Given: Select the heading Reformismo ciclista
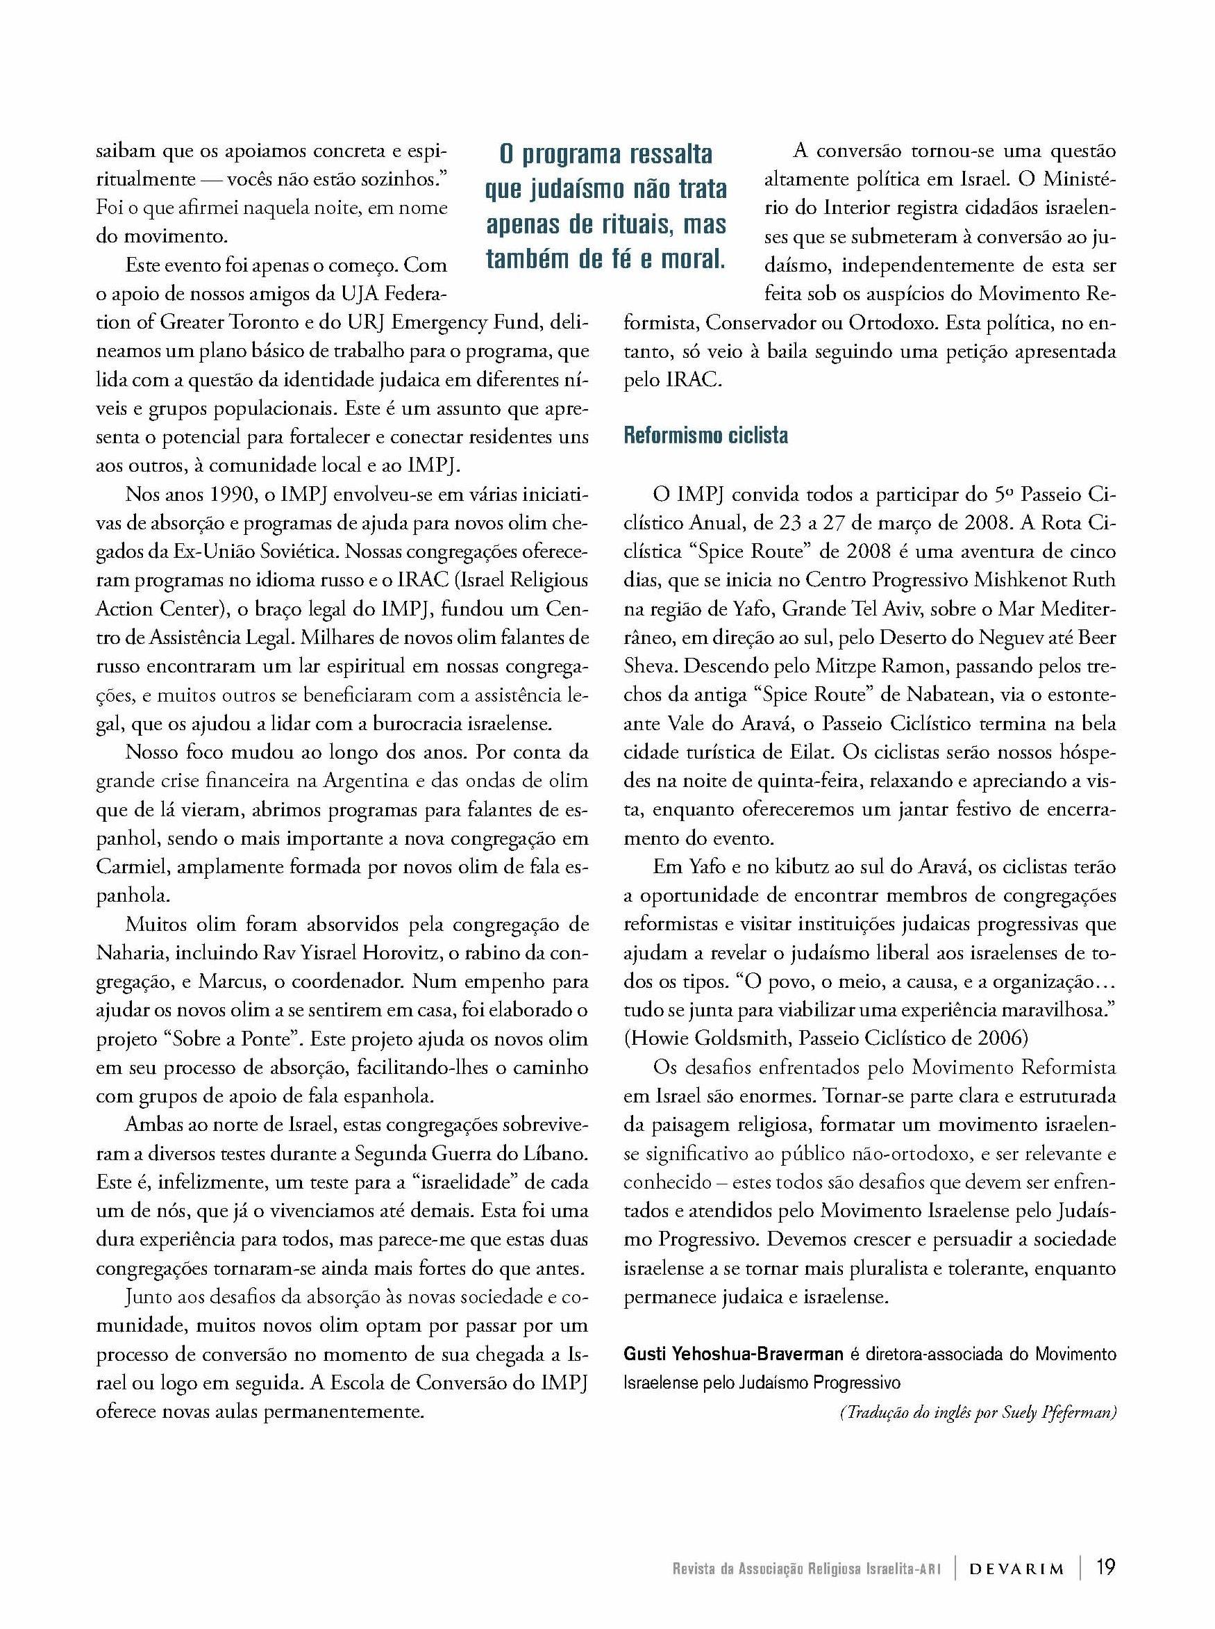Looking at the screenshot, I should tap(705, 436).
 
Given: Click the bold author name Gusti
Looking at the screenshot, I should tap(645, 1355).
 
